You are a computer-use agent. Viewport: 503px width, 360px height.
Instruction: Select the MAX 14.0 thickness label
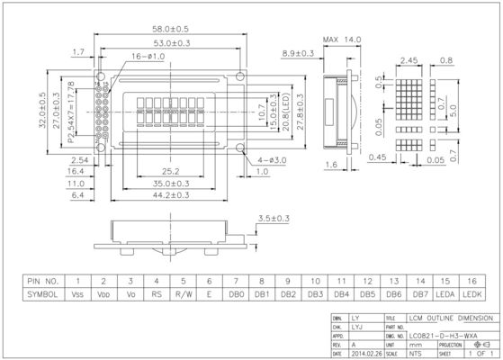(343, 40)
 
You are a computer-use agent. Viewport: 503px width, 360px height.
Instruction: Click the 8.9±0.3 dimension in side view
(297, 54)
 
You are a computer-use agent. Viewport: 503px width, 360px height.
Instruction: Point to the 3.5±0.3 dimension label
(274, 218)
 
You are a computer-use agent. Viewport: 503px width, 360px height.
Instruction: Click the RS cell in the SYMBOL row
(157, 293)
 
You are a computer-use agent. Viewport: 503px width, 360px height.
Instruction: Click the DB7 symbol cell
(419, 293)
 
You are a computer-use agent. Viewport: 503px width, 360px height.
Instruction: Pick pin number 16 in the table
(472, 281)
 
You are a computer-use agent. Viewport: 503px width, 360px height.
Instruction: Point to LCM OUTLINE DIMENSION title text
(451, 319)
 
